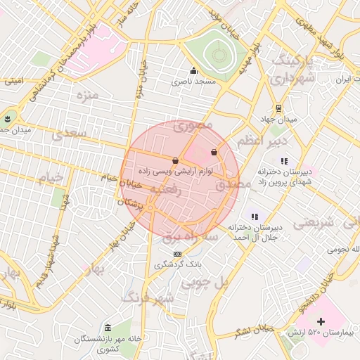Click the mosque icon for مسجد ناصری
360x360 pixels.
(194, 70)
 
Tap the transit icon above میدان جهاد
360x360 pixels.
(279, 108)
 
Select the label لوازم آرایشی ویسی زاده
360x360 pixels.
(171, 172)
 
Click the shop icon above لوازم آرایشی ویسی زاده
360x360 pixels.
(175, 161)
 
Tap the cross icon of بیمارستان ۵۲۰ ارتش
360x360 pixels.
(321, 321)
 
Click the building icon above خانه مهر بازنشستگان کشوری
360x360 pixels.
(107, 328)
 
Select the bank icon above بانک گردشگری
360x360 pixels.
(177, 254)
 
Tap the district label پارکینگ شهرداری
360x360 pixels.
(290, 69)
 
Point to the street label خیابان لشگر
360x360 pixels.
(254, 328)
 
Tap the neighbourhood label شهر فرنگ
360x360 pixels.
(148, 298)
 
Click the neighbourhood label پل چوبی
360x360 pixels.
(205, 283)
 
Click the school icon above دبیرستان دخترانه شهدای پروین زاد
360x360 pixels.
(284, 161)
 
